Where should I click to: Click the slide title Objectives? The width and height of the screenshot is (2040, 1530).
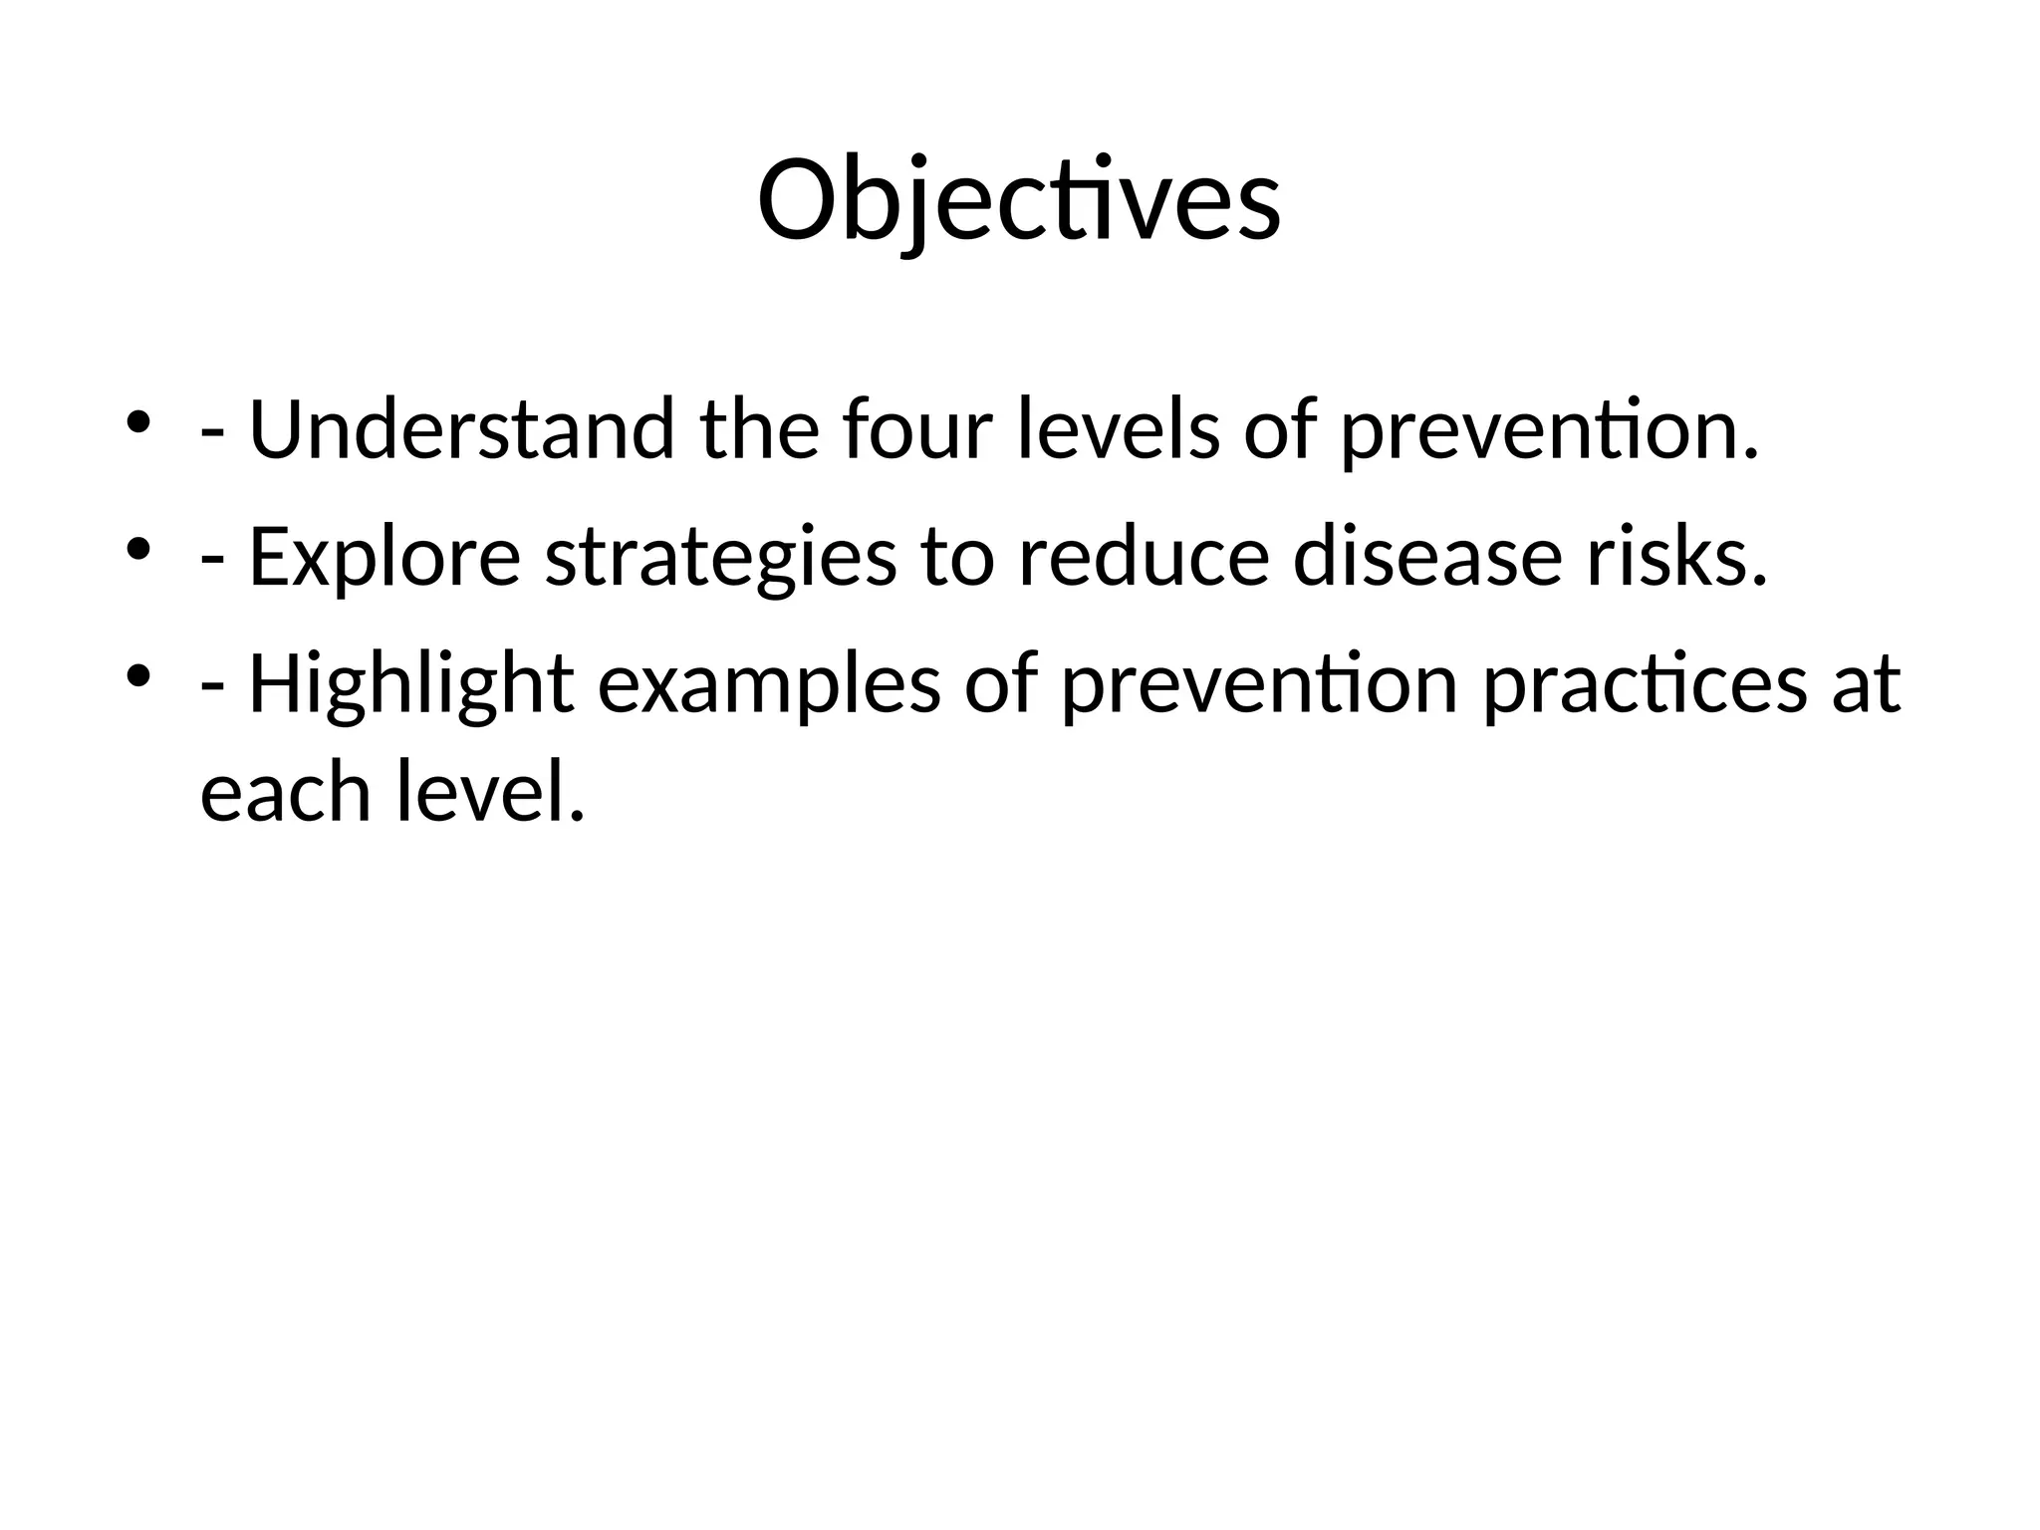pyautogui.click(x=1019, y=200)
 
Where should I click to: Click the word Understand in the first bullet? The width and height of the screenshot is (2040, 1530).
pyautogui.click(x=461, y=429)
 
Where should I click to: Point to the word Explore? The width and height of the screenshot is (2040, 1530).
pyautogui.click(x=384, y=558)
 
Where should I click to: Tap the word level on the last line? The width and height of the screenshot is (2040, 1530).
pyautogui.click(x=488, y=792)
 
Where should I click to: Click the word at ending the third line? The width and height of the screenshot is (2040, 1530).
pyautogui.click(x=1866, y=685)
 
